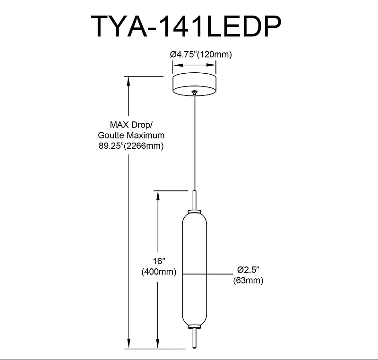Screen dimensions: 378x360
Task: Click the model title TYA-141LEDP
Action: point(186,26)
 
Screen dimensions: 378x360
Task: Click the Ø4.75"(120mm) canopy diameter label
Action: point(201,54)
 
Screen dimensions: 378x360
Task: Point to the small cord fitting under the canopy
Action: point(194,92)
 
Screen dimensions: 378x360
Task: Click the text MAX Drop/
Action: point(131,125)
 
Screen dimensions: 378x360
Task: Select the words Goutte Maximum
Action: point(131,135)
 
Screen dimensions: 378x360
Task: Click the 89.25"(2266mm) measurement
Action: point(131,146)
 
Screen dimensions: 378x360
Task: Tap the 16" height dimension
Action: point(159,261)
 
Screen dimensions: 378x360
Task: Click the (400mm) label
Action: point(159,272)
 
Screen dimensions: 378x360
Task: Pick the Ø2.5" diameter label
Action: point(248,270)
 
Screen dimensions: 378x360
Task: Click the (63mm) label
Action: point(248,280)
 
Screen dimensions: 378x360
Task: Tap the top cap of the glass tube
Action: point(194,211)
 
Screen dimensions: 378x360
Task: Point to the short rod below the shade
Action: point(194,338)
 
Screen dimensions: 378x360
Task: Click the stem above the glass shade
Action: point(194,200)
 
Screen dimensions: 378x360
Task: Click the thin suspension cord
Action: point(194,142)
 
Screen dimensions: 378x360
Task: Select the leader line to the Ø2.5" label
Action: point(207,274)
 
